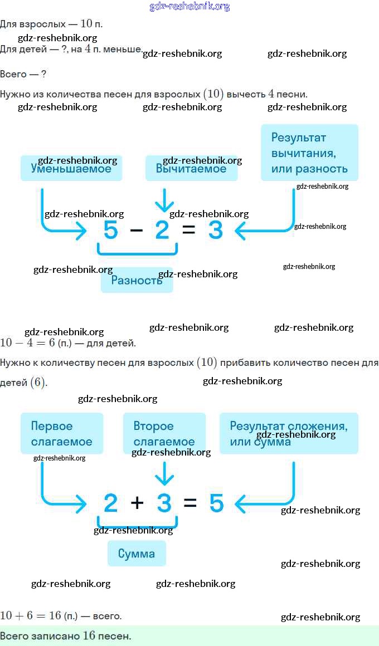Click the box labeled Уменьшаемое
click(71, 168)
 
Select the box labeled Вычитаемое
click(191, 168)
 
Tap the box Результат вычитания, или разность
click(309, 153)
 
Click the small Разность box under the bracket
click(137, 280)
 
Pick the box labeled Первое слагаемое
click(62, 433)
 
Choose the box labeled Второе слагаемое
click(164, 433)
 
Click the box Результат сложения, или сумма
click(289, 433)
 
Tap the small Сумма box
click(137, 554)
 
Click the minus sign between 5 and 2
click(136, 229)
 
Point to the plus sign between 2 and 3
click(137, 503)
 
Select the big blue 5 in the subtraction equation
click(110, 229)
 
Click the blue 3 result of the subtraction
click(215, 229)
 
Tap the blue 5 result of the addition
click(216, 503)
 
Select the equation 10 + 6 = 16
click(31, 615)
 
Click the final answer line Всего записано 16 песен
click(66, 635)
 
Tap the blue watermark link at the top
click(189, 7)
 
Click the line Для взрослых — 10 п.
click(51, 24)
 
